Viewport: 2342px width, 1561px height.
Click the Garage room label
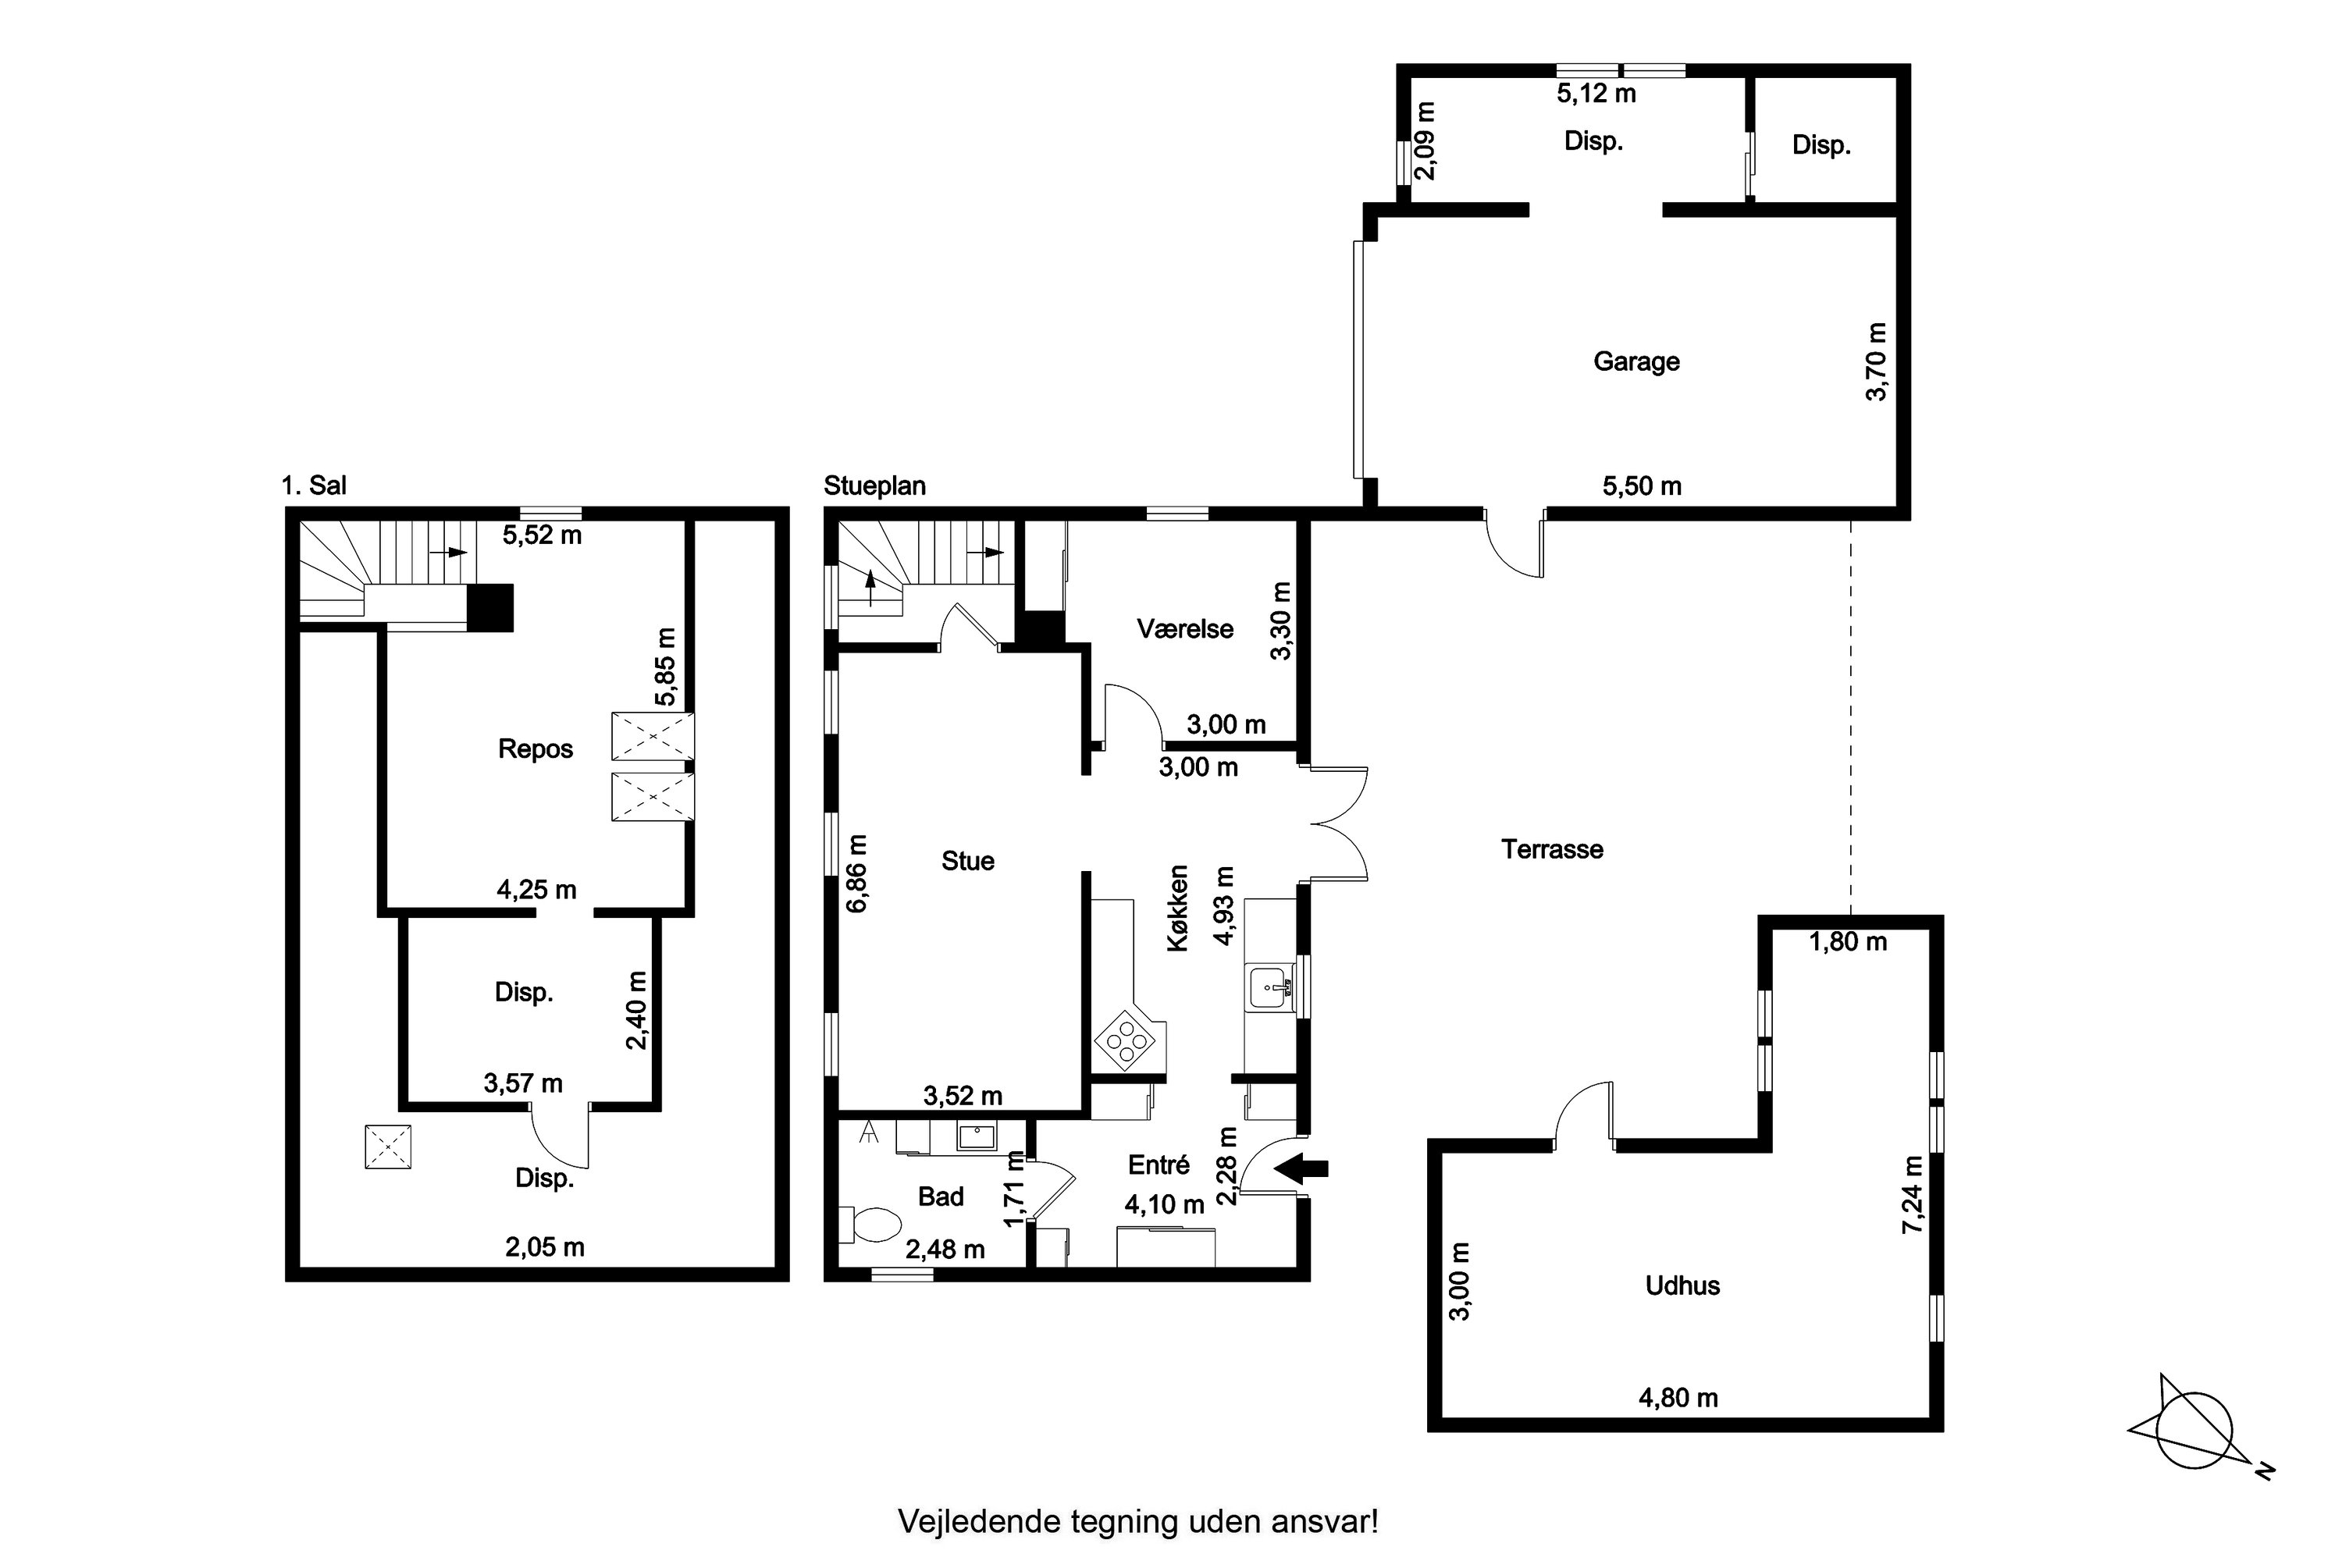1636,361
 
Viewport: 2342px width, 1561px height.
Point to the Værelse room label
1185,628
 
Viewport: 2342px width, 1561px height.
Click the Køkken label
1178,908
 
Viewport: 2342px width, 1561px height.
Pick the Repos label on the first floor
536,748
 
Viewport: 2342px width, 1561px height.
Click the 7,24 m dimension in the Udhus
1912,1195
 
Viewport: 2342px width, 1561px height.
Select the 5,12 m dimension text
1596,94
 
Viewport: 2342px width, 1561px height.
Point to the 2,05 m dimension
545,1246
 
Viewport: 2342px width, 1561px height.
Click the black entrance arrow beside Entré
1301,1168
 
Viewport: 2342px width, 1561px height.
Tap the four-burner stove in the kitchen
1125,1040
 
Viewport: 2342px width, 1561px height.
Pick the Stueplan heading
874,485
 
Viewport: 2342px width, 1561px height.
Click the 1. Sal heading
315,485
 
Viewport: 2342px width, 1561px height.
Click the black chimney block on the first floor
490,607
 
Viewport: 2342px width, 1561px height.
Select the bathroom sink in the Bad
977,1136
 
